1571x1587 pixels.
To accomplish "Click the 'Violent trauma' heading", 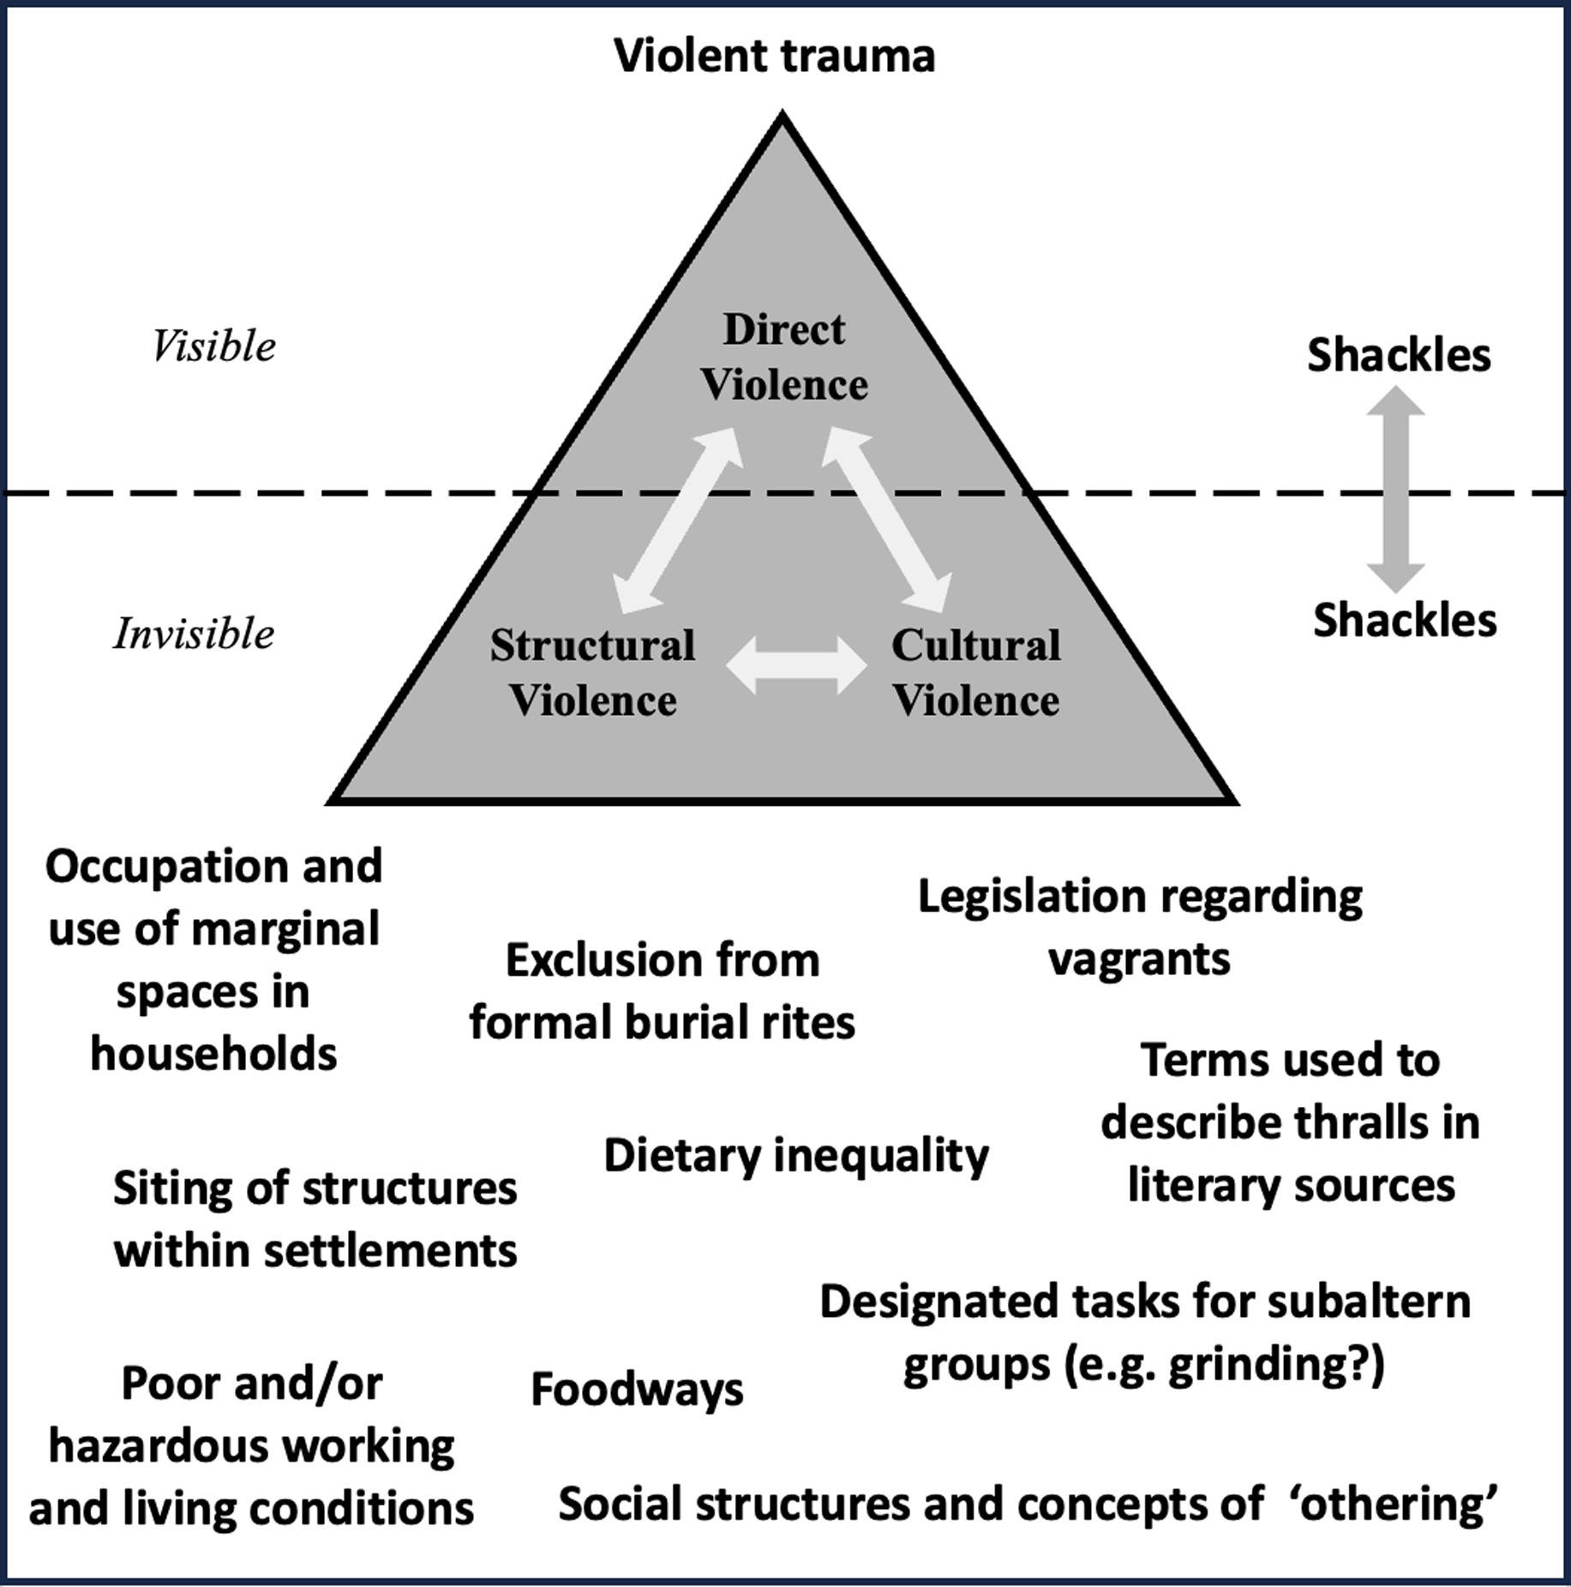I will [x=774, y=57].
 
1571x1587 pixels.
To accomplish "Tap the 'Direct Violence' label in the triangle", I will [x=784, y=357].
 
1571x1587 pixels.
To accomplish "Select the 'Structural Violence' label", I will [x=592, y=673].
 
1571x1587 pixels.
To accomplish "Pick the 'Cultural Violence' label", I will [x=976, y=673].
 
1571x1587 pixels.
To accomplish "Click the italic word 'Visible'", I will [x=213, y=347].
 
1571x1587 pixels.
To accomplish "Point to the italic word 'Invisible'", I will [x=194, y=634].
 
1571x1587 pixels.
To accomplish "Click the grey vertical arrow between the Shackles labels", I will [x=1395, y=489].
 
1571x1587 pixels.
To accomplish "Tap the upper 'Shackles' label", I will [x=1399, y=355].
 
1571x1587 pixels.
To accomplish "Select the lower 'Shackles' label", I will [x=1405, y=620].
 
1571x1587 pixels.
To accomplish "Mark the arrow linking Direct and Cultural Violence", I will [x=887, y=521].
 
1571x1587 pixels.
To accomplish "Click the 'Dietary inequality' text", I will [x=796, y=1155].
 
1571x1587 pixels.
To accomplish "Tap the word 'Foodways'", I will [x=637, y=1390].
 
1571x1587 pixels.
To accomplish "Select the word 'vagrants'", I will [x=1139, y=959].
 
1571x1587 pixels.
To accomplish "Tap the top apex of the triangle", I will [x=782, y=115].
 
